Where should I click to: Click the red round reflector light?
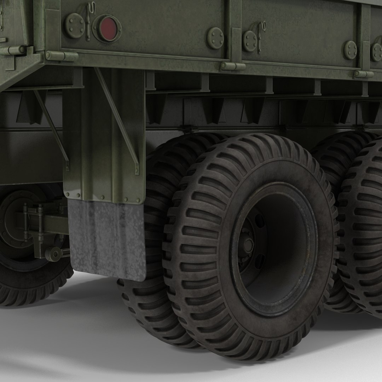(107, 28)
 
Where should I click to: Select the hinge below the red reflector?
(62, 56)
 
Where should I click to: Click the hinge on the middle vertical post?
(233, 66)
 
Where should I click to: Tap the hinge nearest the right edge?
(364, 74)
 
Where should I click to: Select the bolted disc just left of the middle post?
(215, 38)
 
